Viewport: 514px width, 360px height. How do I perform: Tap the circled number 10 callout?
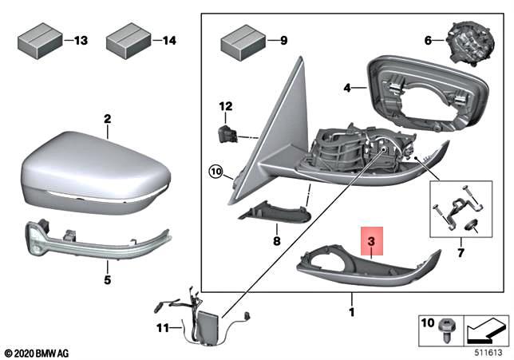click(215, 171)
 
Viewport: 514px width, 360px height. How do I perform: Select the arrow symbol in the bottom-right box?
click(484, 328)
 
